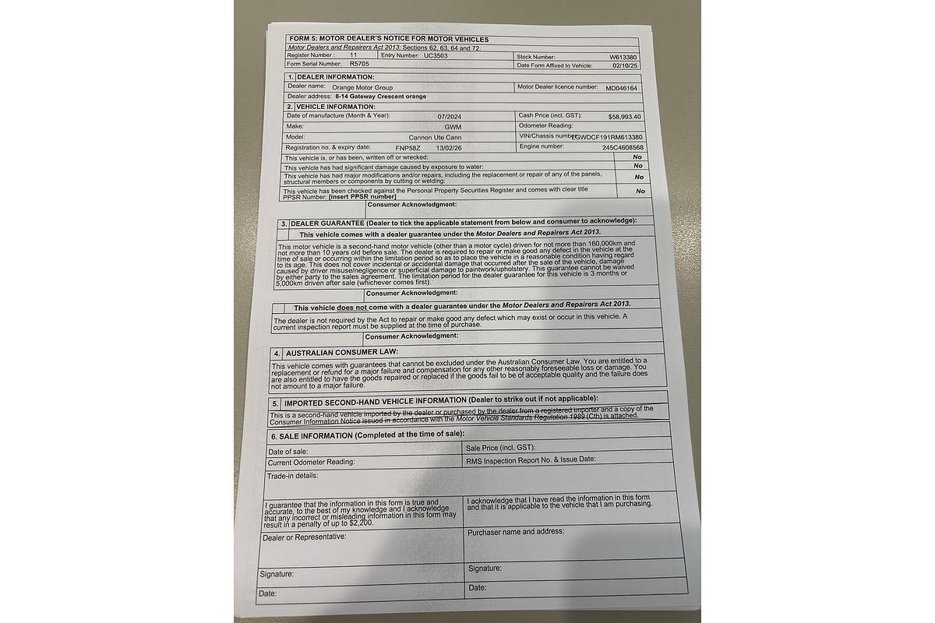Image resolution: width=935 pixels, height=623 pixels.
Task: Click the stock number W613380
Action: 623,57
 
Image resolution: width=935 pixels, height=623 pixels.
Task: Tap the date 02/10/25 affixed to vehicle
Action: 626,66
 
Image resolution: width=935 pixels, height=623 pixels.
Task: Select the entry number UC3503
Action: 436,56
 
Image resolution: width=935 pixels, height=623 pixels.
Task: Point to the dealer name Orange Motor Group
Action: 362,87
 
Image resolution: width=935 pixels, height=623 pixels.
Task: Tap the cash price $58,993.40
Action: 625,116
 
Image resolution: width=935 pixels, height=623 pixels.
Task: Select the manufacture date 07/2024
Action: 450,116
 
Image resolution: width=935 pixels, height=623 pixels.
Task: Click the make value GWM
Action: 453,126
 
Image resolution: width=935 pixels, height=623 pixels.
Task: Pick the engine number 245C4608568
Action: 623,147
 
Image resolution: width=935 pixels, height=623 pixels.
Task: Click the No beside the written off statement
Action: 638,157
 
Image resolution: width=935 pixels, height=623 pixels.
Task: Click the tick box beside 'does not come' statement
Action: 280,307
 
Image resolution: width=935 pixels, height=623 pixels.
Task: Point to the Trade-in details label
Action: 292,475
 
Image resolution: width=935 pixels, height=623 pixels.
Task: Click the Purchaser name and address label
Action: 516,532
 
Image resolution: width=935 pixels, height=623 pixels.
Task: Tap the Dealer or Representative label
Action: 305,537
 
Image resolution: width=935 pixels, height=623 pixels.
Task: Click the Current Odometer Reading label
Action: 311,462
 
